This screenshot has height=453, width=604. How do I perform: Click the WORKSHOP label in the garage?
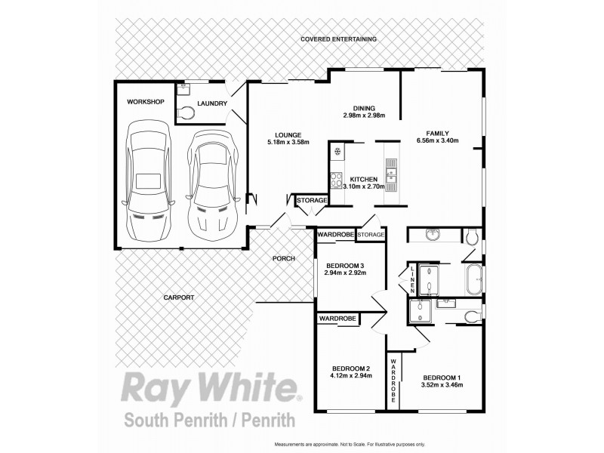[x=145, y=101]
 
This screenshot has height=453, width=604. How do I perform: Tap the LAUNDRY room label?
[x=211, y=103]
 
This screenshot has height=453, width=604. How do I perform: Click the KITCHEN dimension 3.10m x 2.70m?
[x=364, y=186]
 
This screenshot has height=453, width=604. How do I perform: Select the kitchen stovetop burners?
[x=335, y=180]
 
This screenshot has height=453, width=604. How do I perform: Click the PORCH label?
[x=284, y=259]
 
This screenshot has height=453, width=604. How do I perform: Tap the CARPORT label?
[x=179, y=298]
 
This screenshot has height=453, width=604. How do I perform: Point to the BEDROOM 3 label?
[x=346, y=265]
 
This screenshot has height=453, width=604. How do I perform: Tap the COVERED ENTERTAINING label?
[x=338, y=39]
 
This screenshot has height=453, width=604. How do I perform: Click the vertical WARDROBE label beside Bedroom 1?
[x=393, y=383]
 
